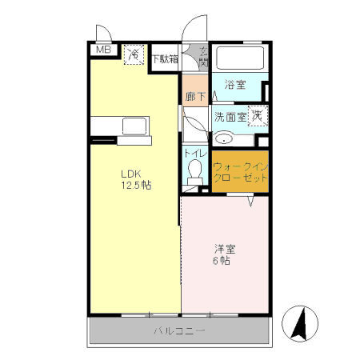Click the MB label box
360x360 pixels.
coord(102,50)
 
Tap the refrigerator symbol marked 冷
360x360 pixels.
coord(134,55)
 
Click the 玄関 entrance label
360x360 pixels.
coord(203,58)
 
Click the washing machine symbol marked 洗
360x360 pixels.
coord(257,116)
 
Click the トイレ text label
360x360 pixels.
coord(196,152)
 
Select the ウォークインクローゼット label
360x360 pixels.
coord(240,172)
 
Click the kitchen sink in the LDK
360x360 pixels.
coord(134,126)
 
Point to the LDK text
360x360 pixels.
coord(131,173)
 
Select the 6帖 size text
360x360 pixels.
coord(222,261)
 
